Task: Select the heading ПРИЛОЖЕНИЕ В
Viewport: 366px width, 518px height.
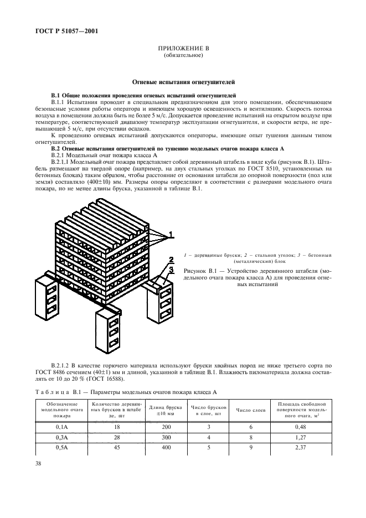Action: click(183, 49)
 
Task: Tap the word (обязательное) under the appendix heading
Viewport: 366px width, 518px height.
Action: click(183, 55)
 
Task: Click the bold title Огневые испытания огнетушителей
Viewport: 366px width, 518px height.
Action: click(183, 81)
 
